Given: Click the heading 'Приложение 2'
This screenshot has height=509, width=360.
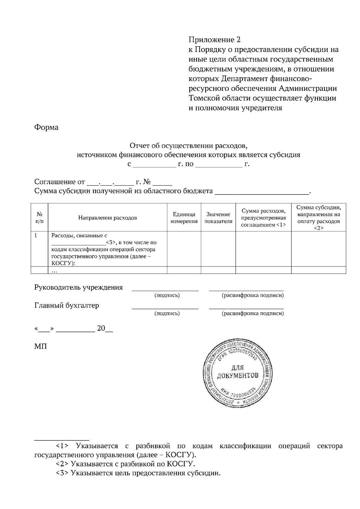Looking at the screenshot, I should (x=214, y=40).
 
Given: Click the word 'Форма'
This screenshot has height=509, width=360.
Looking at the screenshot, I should (x=46, y=127).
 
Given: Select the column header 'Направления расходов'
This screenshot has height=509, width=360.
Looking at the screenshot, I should (x=107, y=218).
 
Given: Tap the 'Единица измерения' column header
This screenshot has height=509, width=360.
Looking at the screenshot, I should (x=184, y=218).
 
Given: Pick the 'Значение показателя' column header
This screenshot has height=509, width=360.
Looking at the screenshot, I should (x=218, y=218).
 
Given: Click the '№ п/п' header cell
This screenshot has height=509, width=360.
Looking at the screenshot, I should (x=39, y=218).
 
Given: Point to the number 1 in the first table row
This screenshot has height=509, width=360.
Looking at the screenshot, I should (x=36, y=236).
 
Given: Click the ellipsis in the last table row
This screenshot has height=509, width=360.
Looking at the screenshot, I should (x=54, y=271).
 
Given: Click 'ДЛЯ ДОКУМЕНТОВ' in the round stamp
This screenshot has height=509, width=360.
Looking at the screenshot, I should (x=238, y=372).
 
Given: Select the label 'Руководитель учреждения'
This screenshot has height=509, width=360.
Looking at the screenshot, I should (x=79, y=287).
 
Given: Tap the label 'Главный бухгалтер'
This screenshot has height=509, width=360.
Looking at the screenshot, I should (x=67, y=305).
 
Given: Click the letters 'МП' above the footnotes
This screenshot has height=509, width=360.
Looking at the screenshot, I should (x=40, y=347).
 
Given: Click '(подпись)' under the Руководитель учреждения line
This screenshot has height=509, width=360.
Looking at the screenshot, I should (x=167, y=296).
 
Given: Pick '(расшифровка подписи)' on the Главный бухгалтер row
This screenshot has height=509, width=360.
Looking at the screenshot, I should (x=253, y=314).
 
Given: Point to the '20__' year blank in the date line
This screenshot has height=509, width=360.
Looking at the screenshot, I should (x=105, y=329).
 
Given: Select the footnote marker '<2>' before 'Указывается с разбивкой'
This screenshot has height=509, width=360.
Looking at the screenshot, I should (x=62, y=464).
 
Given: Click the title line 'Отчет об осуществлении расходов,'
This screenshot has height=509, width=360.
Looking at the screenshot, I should (x=189, y=146).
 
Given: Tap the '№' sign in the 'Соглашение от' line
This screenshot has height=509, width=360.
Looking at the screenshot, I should (x=147, y=182).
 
